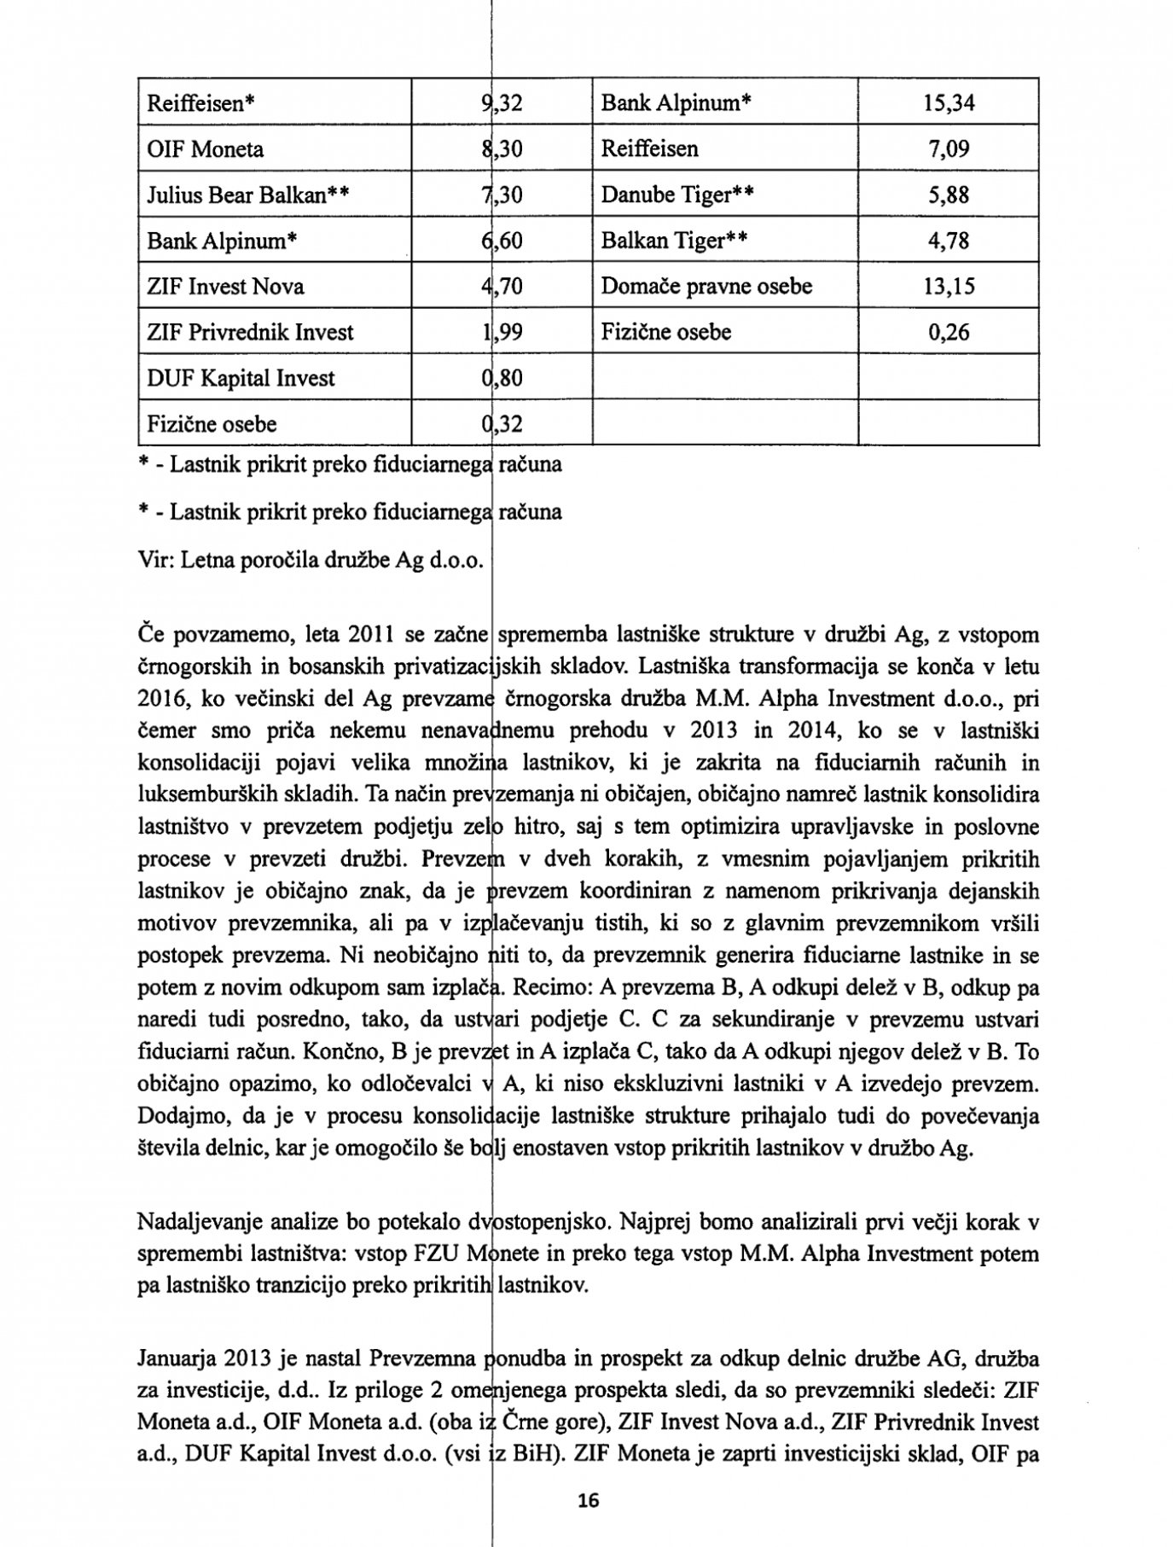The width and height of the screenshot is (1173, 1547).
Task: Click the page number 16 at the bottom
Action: click(x=589, y=1500)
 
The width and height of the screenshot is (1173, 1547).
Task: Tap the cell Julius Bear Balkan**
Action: click(x=247, y=195)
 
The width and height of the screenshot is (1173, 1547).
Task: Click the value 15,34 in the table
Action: click(x=948, y=103)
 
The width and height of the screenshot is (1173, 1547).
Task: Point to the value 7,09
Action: click(x=949, y=149)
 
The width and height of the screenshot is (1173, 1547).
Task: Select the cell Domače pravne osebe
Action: click(x=706, y=286)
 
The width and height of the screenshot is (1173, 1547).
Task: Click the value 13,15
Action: click(x=948, y=286)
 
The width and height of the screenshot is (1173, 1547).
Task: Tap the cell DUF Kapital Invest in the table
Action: click(x=241, y=378)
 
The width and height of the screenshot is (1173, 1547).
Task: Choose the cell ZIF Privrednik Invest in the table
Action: click(x=250, y=332)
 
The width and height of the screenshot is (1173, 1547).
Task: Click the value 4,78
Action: click(x=949, y=241)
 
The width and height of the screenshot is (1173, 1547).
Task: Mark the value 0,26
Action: click(x=949, y=332)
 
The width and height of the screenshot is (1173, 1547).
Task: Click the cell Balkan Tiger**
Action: click(x=674, y=241)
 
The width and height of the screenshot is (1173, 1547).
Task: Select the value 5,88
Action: click(x=949, y=195)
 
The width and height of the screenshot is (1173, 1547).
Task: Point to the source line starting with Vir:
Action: click(x=311, y=560)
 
